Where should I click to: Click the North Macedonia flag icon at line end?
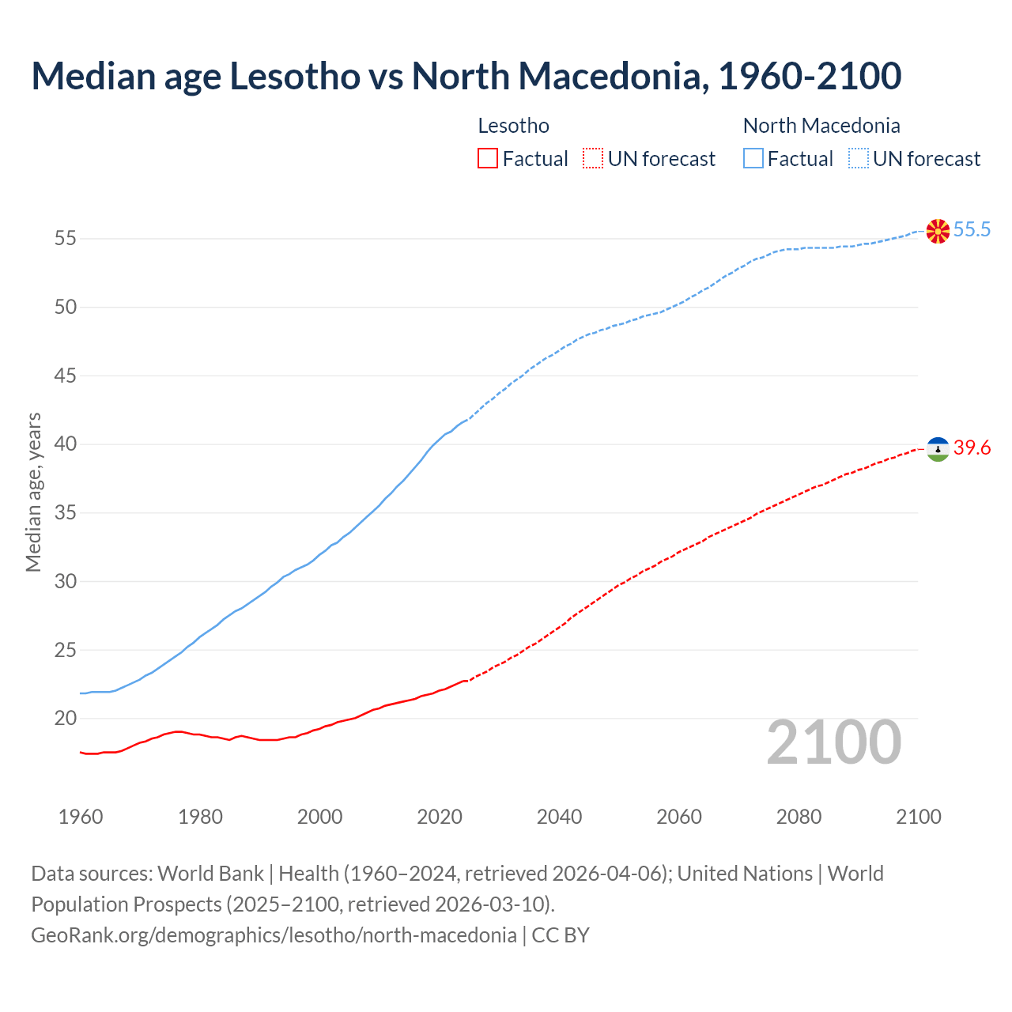coord(938,231)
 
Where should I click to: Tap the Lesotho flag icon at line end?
coord(938,449)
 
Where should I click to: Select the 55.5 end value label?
coord(972,230)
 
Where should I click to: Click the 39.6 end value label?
coord(972,448)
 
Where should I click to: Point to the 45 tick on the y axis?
coord(66,376)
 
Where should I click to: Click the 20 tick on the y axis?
coord(66,719)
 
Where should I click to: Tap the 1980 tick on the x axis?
coord(200,817)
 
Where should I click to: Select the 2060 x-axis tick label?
coord(679,817)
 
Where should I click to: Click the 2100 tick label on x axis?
coord(918,817)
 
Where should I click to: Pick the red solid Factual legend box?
coord(488,159)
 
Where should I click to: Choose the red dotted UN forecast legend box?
coord(593,159)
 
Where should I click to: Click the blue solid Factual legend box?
coord(753,159)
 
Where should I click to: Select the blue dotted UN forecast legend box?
coord(859,159)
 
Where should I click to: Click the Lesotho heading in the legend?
coord(513,126)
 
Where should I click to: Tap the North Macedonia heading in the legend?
coord(821,126)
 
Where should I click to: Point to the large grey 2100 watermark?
coord(834,742)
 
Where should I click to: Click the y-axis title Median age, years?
coord(33,492)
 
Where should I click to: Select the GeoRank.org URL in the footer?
coord(274,935)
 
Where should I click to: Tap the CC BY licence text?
coord(561,935)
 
